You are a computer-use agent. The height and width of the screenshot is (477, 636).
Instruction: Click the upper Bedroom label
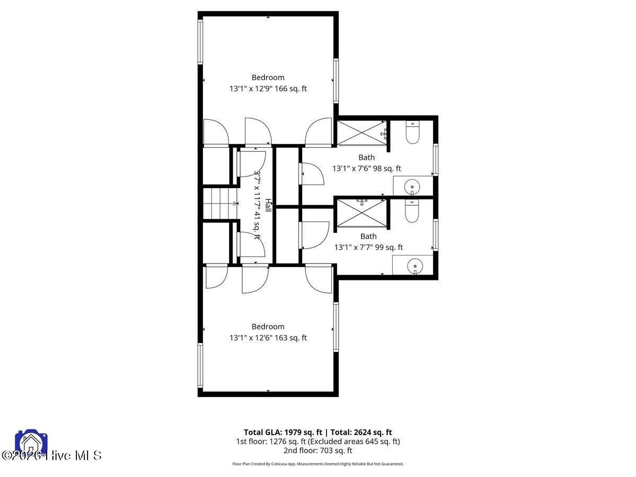(268, 77)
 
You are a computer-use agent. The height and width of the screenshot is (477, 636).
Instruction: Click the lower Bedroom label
(268, 326)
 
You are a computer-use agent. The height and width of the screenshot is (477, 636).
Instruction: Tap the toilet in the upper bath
(412, 132)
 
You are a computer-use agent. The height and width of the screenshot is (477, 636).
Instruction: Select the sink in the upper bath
(412, 187)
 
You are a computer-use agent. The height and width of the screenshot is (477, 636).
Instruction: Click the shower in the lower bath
(362, 213)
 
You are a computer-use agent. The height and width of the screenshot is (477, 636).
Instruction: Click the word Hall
(269, 206)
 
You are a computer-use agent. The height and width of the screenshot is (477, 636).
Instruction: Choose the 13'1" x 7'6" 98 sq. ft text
(366, 169)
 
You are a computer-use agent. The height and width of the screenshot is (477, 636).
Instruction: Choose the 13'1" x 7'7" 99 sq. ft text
(368, 247)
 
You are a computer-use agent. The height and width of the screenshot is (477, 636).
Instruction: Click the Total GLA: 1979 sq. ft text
(283, 432)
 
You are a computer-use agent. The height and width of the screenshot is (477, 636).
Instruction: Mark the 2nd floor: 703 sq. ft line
(317, 450)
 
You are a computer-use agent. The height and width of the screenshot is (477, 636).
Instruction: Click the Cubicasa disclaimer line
(317, 464)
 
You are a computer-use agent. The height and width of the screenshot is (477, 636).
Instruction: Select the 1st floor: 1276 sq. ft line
(317, 441)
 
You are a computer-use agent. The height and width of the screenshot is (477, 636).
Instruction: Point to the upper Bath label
(366, 157)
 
